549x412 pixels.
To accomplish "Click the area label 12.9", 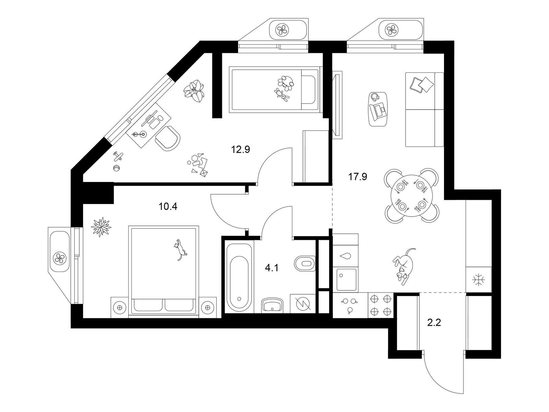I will click(x=240, y=149).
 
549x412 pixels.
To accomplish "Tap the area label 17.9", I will click(x=358, y=177).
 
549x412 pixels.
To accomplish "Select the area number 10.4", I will click(x=168, y=207).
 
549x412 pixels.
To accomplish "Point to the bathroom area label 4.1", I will click(x=271, y=268).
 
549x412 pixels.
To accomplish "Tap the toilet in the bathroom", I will click(x=304, y=264).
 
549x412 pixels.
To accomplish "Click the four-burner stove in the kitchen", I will click(x=381, y=305).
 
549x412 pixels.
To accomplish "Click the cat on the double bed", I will click(x=179, y=249).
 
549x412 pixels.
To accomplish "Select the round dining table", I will click(x=411, y=196).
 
